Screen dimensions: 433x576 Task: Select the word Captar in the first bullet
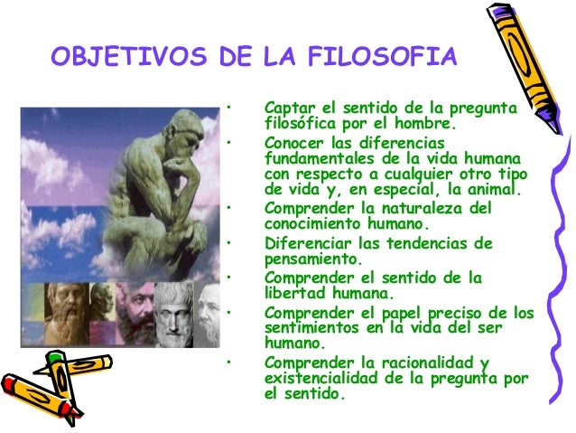286,109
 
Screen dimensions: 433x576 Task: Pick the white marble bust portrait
175,314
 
